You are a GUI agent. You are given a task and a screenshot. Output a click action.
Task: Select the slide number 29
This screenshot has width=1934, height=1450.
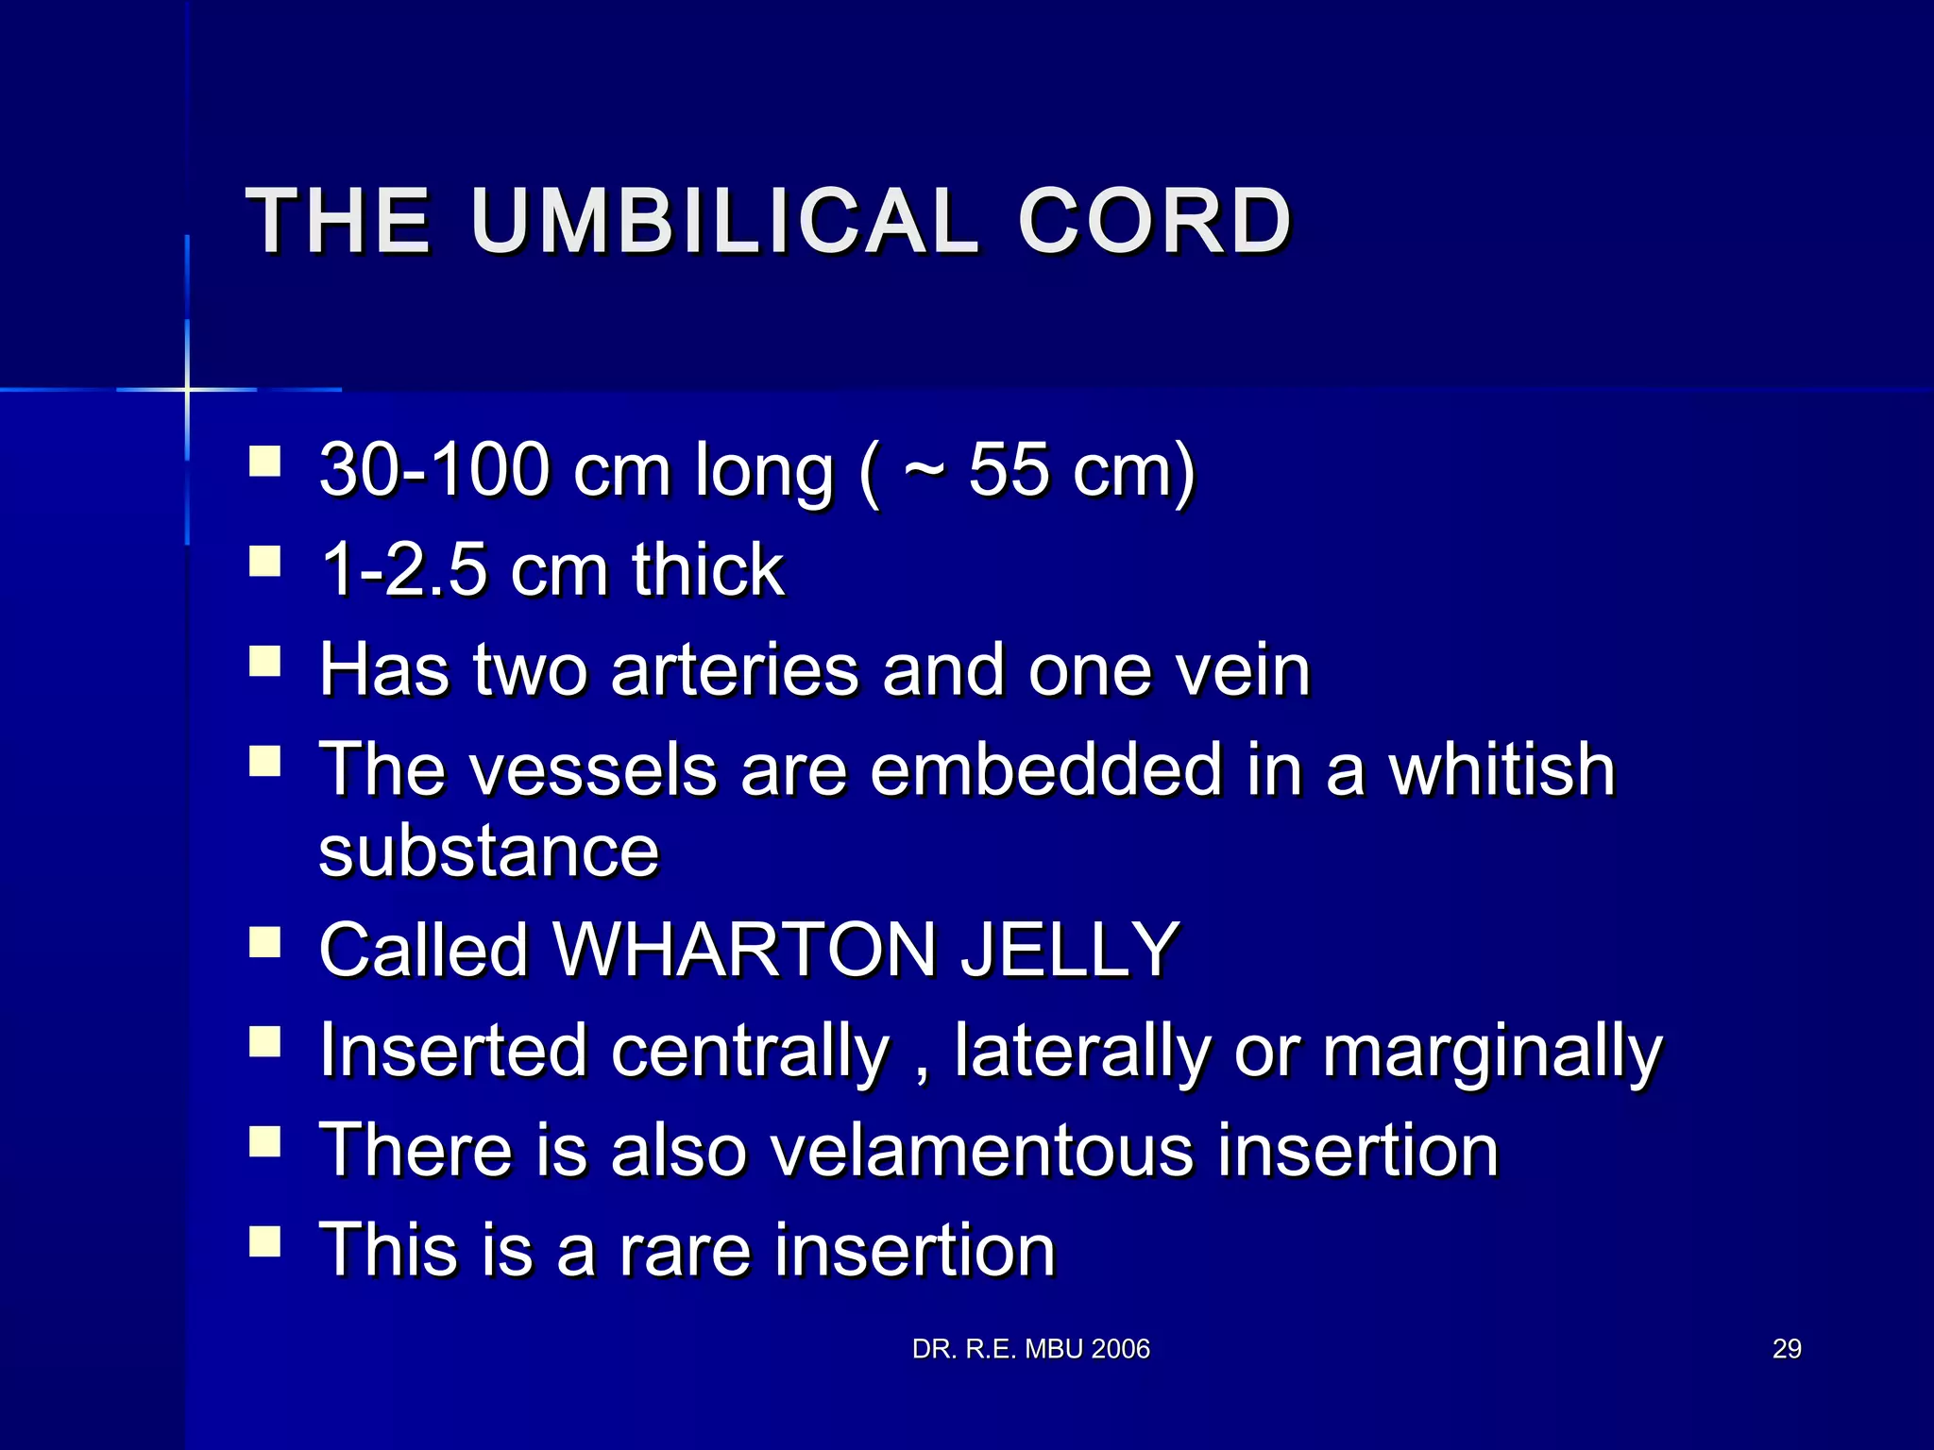1787,1349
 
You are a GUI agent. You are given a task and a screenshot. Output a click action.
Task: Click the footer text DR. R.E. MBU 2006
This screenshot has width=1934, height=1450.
1031,1349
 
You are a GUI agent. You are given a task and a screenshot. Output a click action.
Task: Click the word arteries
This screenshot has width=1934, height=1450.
736,669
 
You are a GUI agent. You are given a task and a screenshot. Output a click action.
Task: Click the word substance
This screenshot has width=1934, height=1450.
488,851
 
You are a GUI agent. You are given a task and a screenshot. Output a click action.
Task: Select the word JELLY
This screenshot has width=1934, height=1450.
1070,950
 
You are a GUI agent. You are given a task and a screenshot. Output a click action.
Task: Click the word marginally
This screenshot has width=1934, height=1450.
1492,1050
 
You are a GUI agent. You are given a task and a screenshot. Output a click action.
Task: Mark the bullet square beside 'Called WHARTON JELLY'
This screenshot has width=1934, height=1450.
265,941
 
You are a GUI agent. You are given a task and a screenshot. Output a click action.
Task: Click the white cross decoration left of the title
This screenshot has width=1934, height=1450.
187,389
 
